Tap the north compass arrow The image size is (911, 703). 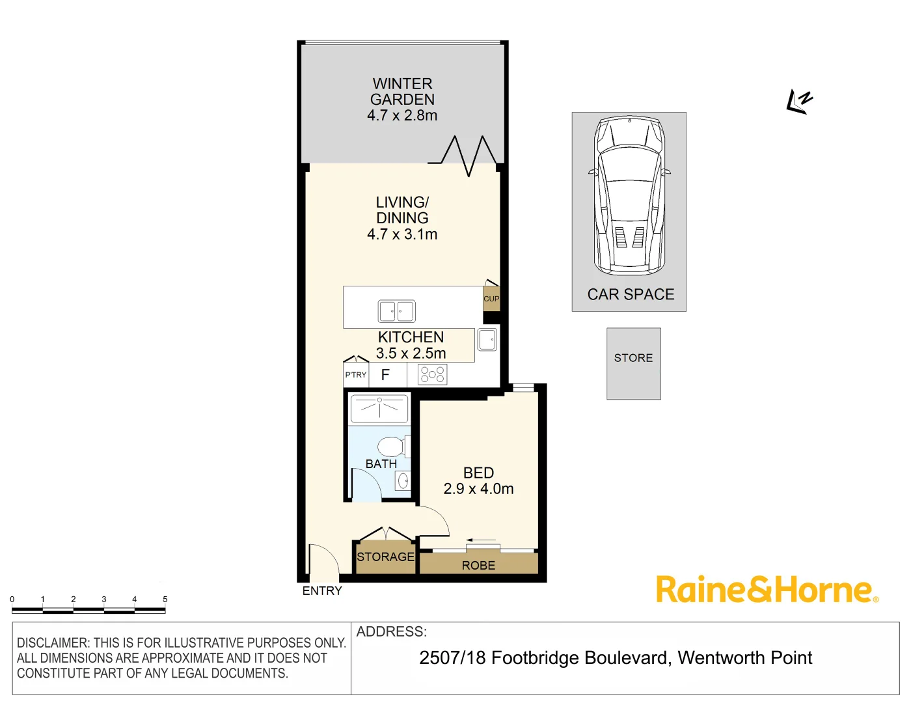tap(799, 102)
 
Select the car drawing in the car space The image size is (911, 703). tap(629, 195)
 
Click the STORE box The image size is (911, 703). tap(634, 363)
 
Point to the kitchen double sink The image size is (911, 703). tap(396, 311)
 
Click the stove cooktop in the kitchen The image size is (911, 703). tap(432, 375)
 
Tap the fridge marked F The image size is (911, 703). tap(385, 375)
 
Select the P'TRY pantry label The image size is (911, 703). tap(355, 375)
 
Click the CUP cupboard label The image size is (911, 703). tap(491, 299)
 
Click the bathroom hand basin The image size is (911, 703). tap(403, 481)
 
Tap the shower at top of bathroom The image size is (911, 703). tap(379, 408)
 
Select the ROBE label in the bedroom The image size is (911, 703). tap(478, 566)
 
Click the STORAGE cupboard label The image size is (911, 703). tap(385, 557)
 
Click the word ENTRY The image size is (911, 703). tap(322, 591)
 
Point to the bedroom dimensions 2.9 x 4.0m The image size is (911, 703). tap(478, 489)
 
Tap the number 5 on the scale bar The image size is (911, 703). tap(165, 600)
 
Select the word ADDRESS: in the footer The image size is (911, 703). tap(392, 631)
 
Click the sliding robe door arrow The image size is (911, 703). tap(480, 540)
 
